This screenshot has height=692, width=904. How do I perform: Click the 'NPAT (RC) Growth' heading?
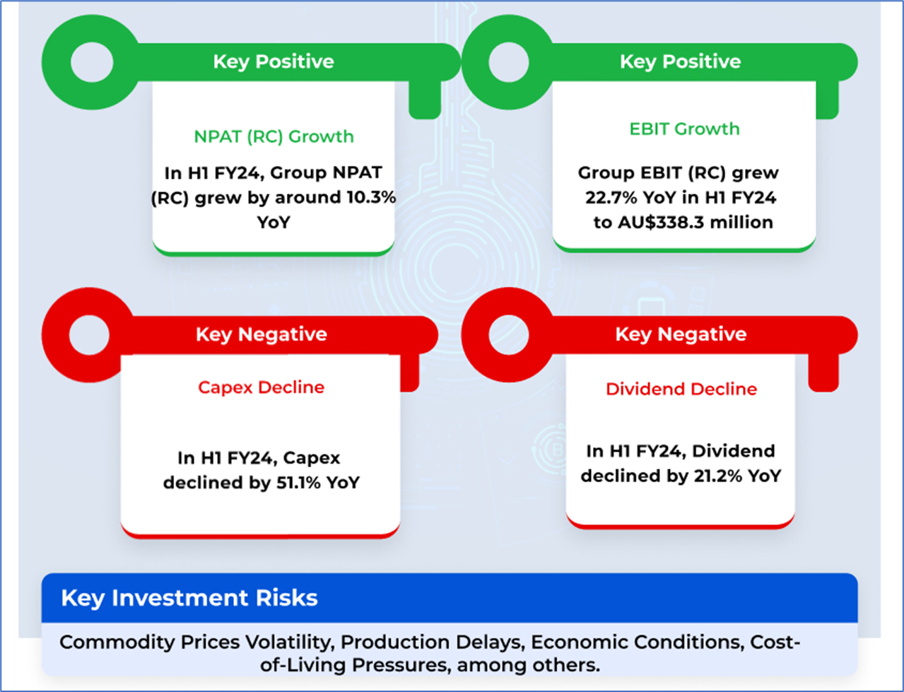[274, 136]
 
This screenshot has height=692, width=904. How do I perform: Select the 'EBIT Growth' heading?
[684, 129]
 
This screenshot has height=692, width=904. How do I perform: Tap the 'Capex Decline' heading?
[261, 387]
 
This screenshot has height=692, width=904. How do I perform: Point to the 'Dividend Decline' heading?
[681, 389]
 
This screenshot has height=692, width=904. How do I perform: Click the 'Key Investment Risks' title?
[189, 598]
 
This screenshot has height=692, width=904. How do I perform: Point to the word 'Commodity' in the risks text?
[117, 642]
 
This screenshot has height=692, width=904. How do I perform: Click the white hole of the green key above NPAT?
[92, 62]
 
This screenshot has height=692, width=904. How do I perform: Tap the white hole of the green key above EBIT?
[509, 62]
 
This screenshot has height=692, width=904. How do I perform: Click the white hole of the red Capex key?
[89, 335]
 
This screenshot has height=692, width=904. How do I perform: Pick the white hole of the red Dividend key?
[509, 335]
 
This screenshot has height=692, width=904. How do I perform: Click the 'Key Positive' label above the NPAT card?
[274, 61]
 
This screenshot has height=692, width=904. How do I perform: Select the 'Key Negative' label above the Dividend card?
[681, 334]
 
